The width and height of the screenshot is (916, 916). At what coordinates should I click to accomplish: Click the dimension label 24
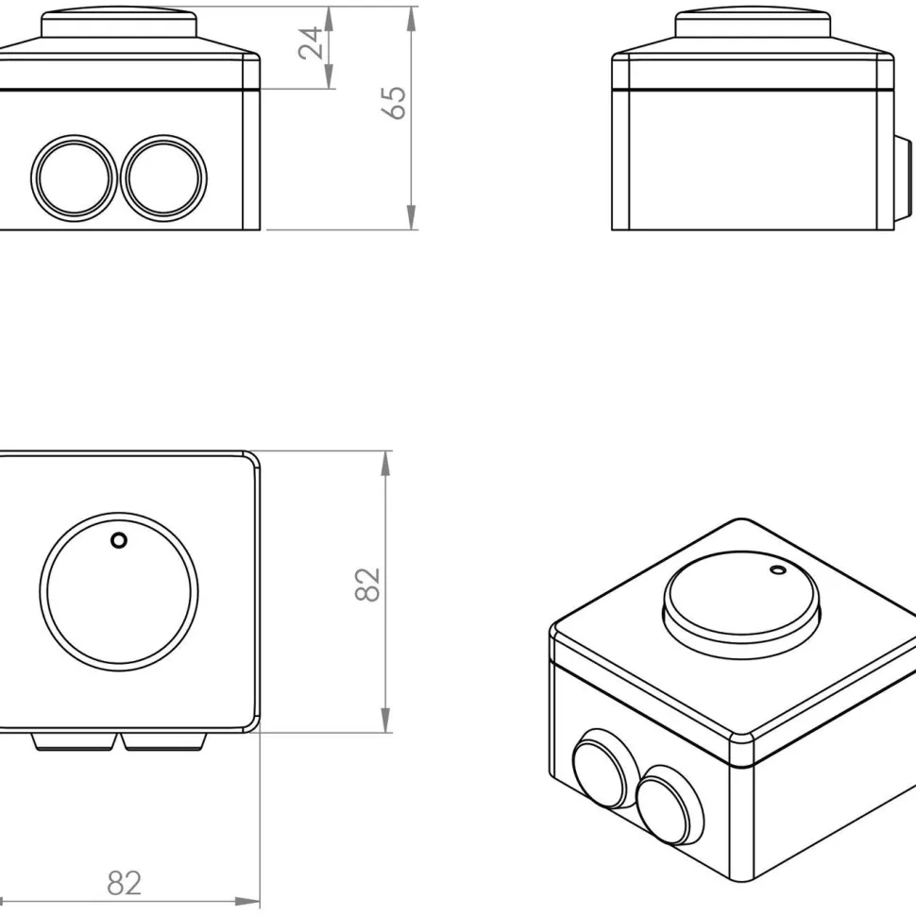310,42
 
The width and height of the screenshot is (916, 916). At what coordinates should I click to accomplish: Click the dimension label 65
395,103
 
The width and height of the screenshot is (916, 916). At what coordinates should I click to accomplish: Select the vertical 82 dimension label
367,585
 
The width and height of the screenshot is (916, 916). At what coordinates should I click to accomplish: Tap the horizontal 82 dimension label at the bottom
125,883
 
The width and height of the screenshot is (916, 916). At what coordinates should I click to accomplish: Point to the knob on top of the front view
119,23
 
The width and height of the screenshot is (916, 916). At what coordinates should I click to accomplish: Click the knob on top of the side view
753,23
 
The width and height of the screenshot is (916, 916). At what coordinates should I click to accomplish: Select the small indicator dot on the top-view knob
119,540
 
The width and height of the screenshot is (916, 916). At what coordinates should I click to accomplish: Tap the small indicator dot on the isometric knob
777,569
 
